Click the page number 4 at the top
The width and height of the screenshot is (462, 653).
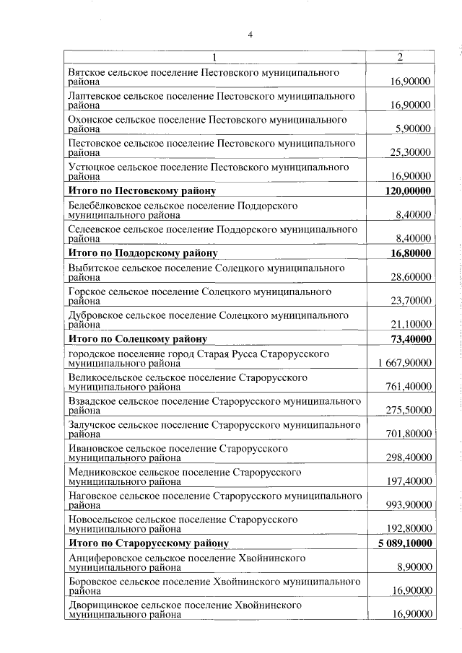tap(250, 34)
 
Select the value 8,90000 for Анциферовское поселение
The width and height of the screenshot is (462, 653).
tap(414, 567)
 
